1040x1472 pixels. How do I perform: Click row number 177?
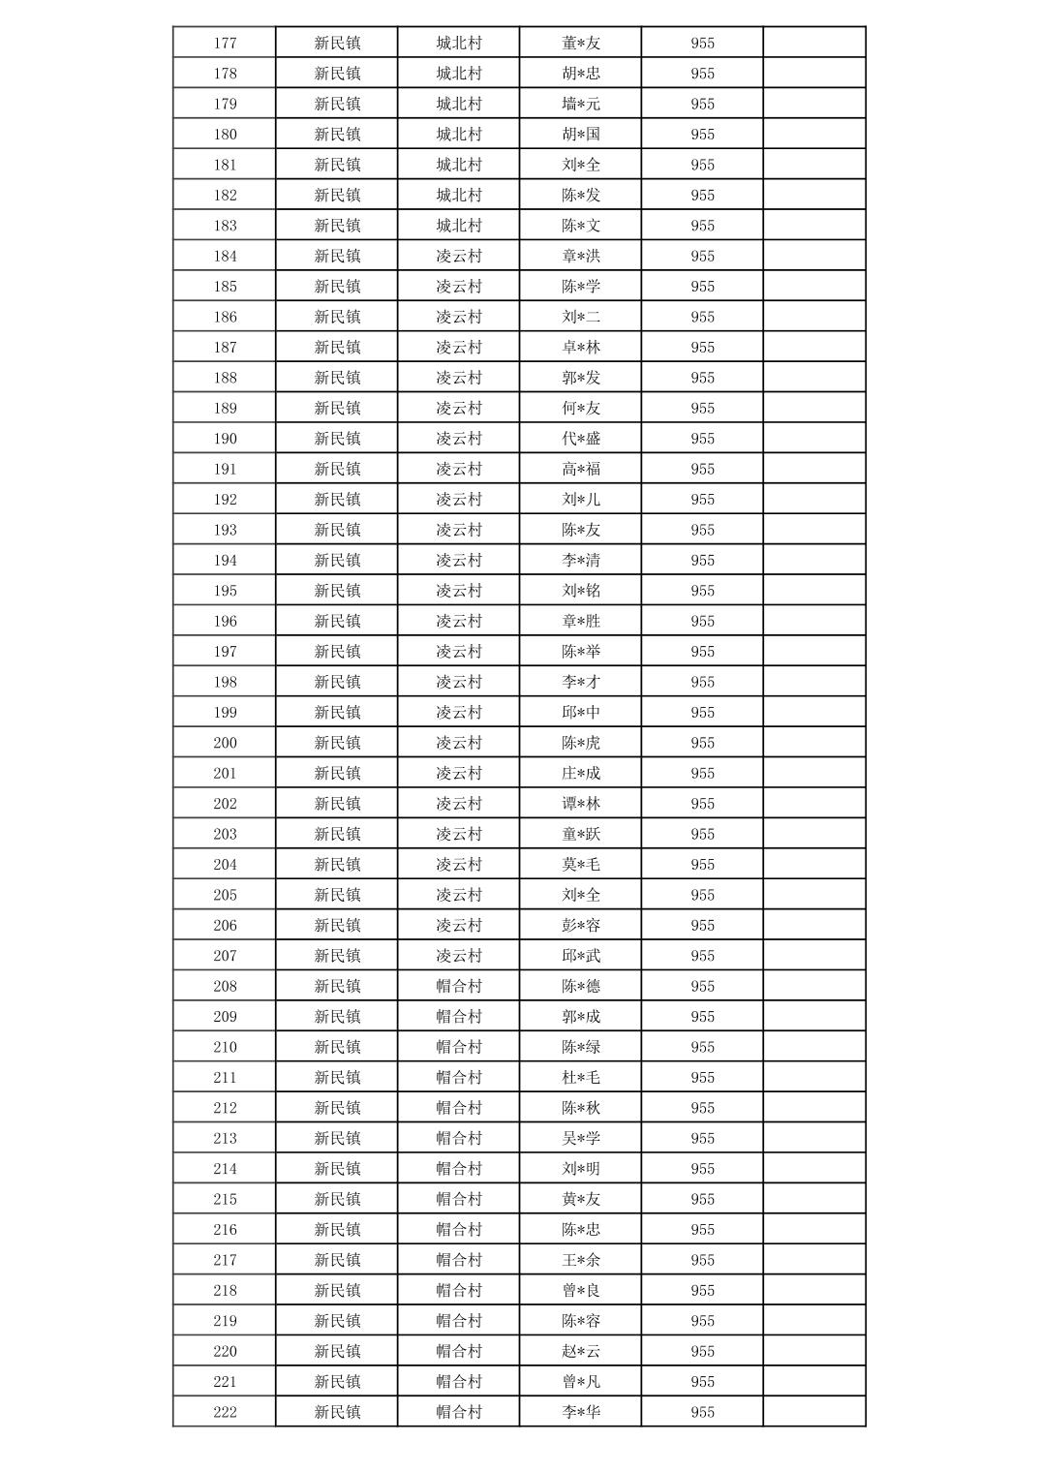[x=225, y=43]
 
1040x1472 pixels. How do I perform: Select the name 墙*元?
[x=581, y=104]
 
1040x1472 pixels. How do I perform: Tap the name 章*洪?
[x=581, y=256]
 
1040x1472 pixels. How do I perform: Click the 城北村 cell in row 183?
[x=459, y=226]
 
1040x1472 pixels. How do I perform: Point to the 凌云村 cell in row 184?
[x=459, y=256]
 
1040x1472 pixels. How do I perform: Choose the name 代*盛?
[x=581, y=439]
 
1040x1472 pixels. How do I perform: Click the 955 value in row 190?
[x=703, y=439]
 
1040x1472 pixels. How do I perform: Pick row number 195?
[x=225, y=591]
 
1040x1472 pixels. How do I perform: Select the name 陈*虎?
[x=581, y=743]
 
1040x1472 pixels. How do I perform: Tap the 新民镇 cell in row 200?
[x=337, y=743]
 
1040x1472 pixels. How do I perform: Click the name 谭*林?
[x=581, y=804]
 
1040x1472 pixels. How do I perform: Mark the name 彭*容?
[x=581, y=926]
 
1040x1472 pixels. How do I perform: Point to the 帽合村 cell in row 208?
[x=459, y=986]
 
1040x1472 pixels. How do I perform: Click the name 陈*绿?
[x=581, y=1047]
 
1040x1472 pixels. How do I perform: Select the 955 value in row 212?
[x=703, y=1108]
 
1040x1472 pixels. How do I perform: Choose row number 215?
[x=225, y=1199]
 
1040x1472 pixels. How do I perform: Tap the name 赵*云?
[x=581, y=1351]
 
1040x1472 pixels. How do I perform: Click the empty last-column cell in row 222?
[x=814, y=1412]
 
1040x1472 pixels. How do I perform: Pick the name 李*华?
[x=581, y=1412]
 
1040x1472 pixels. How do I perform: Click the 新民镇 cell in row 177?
[x=337, y=43]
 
